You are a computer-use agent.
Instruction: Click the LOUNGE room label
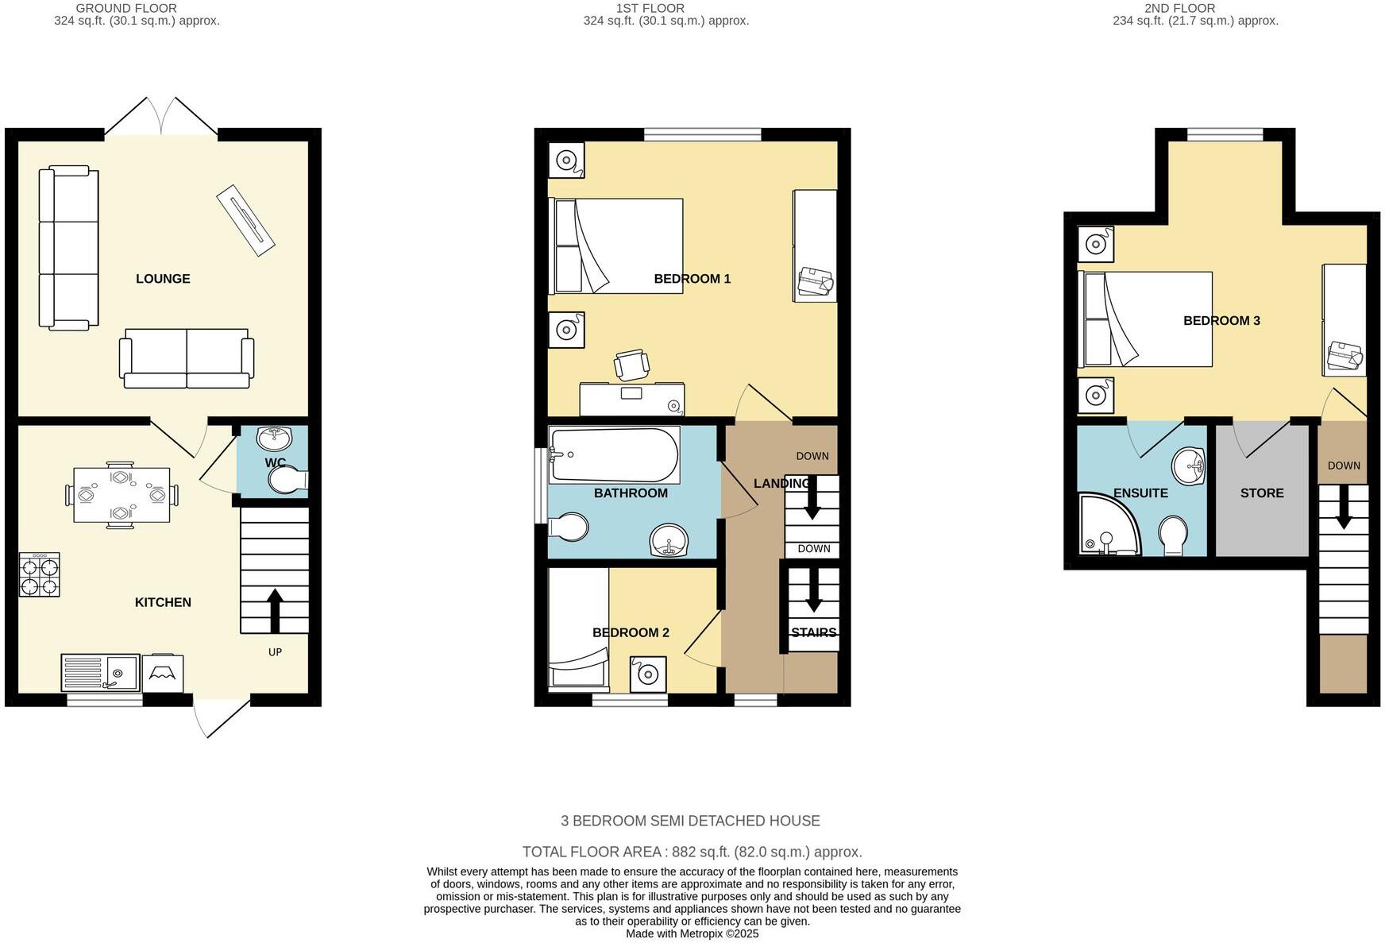pos(163,279)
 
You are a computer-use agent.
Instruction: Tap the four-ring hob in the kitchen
pos(40,574)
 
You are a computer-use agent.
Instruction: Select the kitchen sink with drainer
pos(100,673)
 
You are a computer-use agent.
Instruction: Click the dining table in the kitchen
pos(121,495)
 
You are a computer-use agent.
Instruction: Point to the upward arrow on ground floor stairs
pos(275,610)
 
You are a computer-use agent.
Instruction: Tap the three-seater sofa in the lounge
pos(69,248)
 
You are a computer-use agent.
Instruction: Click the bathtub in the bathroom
pos(614,455)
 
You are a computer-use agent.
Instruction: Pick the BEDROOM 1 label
pos(692,279)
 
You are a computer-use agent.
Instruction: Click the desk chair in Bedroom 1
pos(631,365)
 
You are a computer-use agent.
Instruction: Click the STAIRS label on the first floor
pos(813,632)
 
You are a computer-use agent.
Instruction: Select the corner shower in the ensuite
pos(1107,526)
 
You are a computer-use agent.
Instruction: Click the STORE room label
pos(1261,493)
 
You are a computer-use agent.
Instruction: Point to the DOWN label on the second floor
pos(1343,466)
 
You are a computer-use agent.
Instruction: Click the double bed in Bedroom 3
pos(1145,319)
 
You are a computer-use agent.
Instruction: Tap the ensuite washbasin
pos(1189,465)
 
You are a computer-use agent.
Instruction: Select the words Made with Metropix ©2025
pos(692,933)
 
